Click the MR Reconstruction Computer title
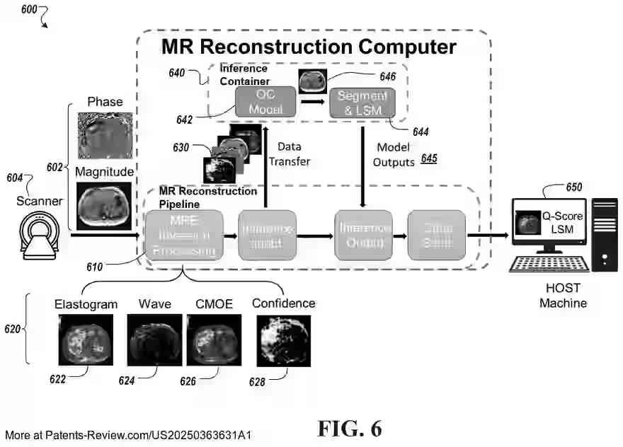pos(308,47)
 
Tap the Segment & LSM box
pos(362,103)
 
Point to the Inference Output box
pos(362,235)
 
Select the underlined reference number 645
pos(429,160)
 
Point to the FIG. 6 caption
pos(350,429)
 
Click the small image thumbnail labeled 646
pos(312,81)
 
